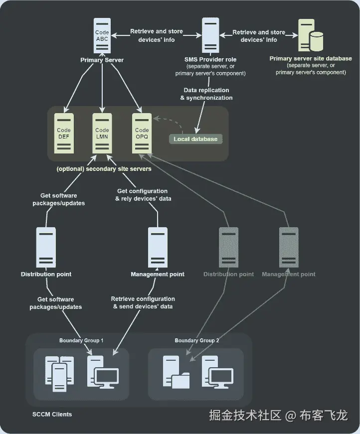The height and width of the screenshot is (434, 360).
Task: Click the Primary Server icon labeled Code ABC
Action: pyautogui.click(x=102, y=36)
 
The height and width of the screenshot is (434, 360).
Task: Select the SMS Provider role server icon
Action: pyautogui.click(x=210, y=35)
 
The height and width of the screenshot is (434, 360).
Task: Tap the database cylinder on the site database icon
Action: pyautogui.click(x=317, y=41)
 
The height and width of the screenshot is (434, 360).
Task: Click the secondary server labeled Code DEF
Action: pyautogui.click(x=64, y=133)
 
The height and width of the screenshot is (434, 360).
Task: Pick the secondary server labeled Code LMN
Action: pyautogui.click(x=102, y=133)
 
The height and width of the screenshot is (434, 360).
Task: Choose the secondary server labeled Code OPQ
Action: pyautogui.click(x=142, y=133)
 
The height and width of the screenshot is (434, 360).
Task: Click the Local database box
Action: pyautogui.click(x=195, y=139)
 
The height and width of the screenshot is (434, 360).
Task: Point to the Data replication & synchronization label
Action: pyautogui.click(x=206, y=94)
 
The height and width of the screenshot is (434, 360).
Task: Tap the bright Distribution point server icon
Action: pyautogui.click(x=46, y=248)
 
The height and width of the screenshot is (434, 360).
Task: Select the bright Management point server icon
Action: pyautogui.click(x=158, y=248)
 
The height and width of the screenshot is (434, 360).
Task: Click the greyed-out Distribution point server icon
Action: pyautogui.click(x=229, y=248)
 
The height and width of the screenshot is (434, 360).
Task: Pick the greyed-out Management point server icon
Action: pyautogui.click(x=289, y=248)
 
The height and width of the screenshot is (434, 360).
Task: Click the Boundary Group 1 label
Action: pyautogui.click(x=81, y=340)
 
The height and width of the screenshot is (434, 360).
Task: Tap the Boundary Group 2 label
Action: pyautogui.click(x=196, y=340)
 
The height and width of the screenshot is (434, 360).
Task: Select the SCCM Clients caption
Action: pyautogui.click(x=52, y=415)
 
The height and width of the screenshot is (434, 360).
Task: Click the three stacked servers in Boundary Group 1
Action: pyautogui.click(x=59, y=374)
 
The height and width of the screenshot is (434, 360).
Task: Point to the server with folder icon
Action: pyautogui.click(x=177, y=372)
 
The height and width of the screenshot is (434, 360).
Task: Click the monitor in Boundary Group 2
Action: pyautogui.click(x=221, y=378)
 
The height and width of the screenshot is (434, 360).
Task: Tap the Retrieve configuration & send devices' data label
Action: pyautogui.click(x=143, y=302)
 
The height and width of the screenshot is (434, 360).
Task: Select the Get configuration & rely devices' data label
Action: pyautogui.click(x=143, y=195)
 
